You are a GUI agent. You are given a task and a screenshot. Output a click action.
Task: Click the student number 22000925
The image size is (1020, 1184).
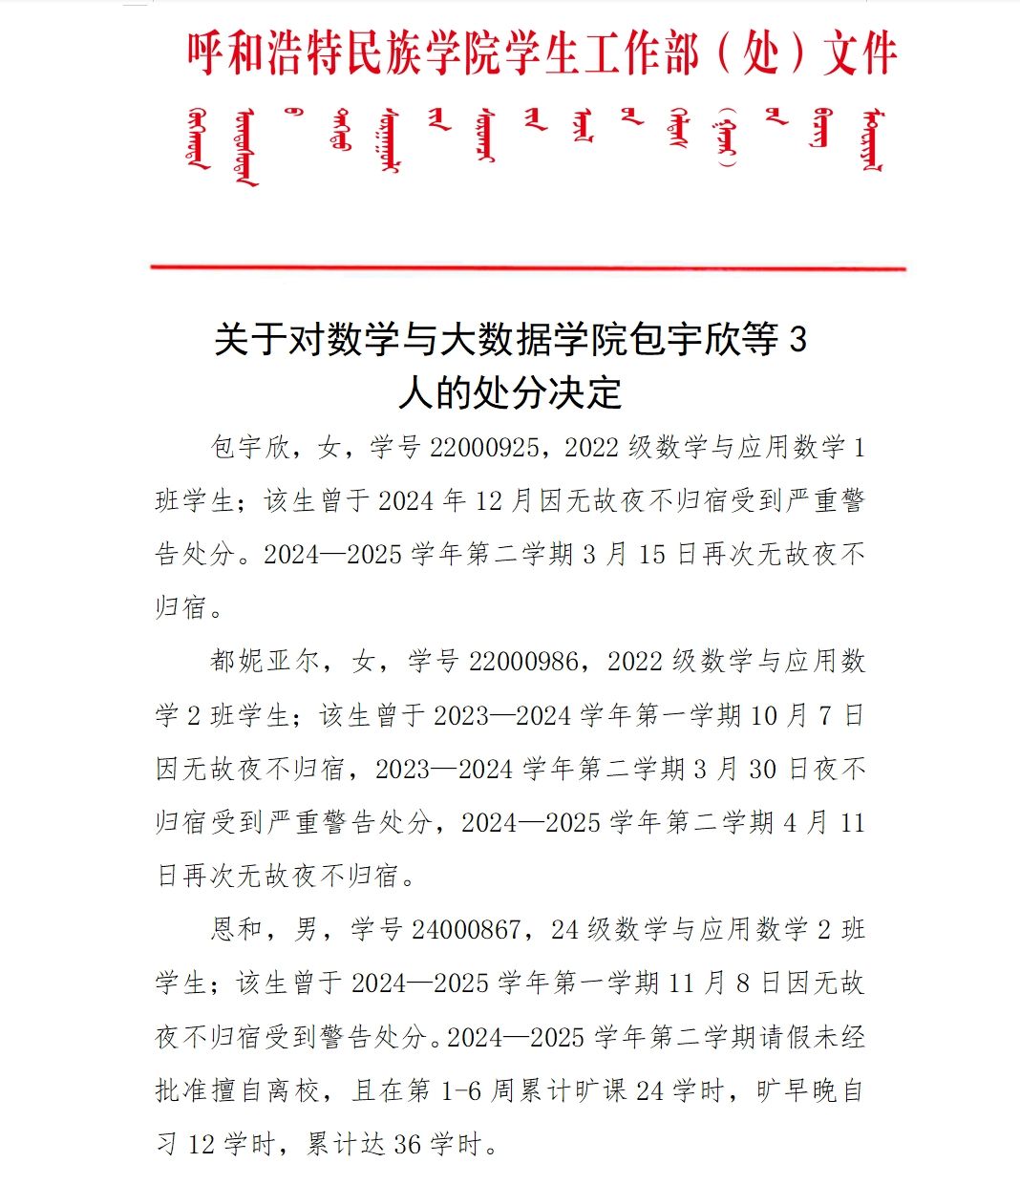click(484, 447)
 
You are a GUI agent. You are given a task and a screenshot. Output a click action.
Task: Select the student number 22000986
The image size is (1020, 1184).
click(522, 661)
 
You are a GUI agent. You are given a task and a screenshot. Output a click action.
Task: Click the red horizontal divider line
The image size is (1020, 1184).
click(528, 268)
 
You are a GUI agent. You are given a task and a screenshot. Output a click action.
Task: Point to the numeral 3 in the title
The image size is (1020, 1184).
click(798, 340)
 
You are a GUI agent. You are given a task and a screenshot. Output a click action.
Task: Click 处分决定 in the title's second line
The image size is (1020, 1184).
click(547, 392)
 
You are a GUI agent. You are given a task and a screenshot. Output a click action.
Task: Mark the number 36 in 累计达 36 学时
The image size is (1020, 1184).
click(407, 1143)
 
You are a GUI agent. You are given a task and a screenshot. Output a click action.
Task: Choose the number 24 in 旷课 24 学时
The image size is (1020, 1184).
click(649, 1089)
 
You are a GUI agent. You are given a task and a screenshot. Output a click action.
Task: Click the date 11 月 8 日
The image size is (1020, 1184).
click(724, 983)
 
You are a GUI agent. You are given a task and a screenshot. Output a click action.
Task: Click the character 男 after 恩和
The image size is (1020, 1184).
click(306, 929)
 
